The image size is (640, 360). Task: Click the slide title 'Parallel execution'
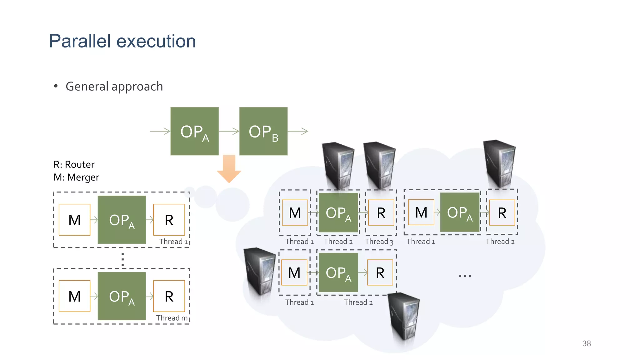coord(122,41)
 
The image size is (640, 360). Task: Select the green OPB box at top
coord(263,131)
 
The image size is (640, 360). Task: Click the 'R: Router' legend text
coord(74,164)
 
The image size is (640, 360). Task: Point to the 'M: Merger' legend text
coord(76,177)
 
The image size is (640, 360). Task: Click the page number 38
coord(586,343)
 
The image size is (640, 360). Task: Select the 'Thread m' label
coord(172,318)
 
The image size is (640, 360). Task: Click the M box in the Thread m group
coord(74,296)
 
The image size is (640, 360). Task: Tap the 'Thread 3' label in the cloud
coord(379,242)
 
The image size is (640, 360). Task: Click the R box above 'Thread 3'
coord(381,213)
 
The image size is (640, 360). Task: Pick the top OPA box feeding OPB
coord(194,131)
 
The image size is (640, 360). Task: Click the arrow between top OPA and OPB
coord(229,131)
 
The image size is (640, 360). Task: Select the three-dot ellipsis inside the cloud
coord(465,276)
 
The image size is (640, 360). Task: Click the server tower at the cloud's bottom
coord(404,316)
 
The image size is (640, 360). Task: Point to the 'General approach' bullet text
coord(114,86)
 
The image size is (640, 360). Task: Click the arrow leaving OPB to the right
coord(298,131)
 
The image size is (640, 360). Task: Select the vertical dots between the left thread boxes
coord(122,259)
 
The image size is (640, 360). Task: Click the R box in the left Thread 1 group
coord(169,220)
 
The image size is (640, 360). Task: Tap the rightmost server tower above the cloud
coord(500,163)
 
